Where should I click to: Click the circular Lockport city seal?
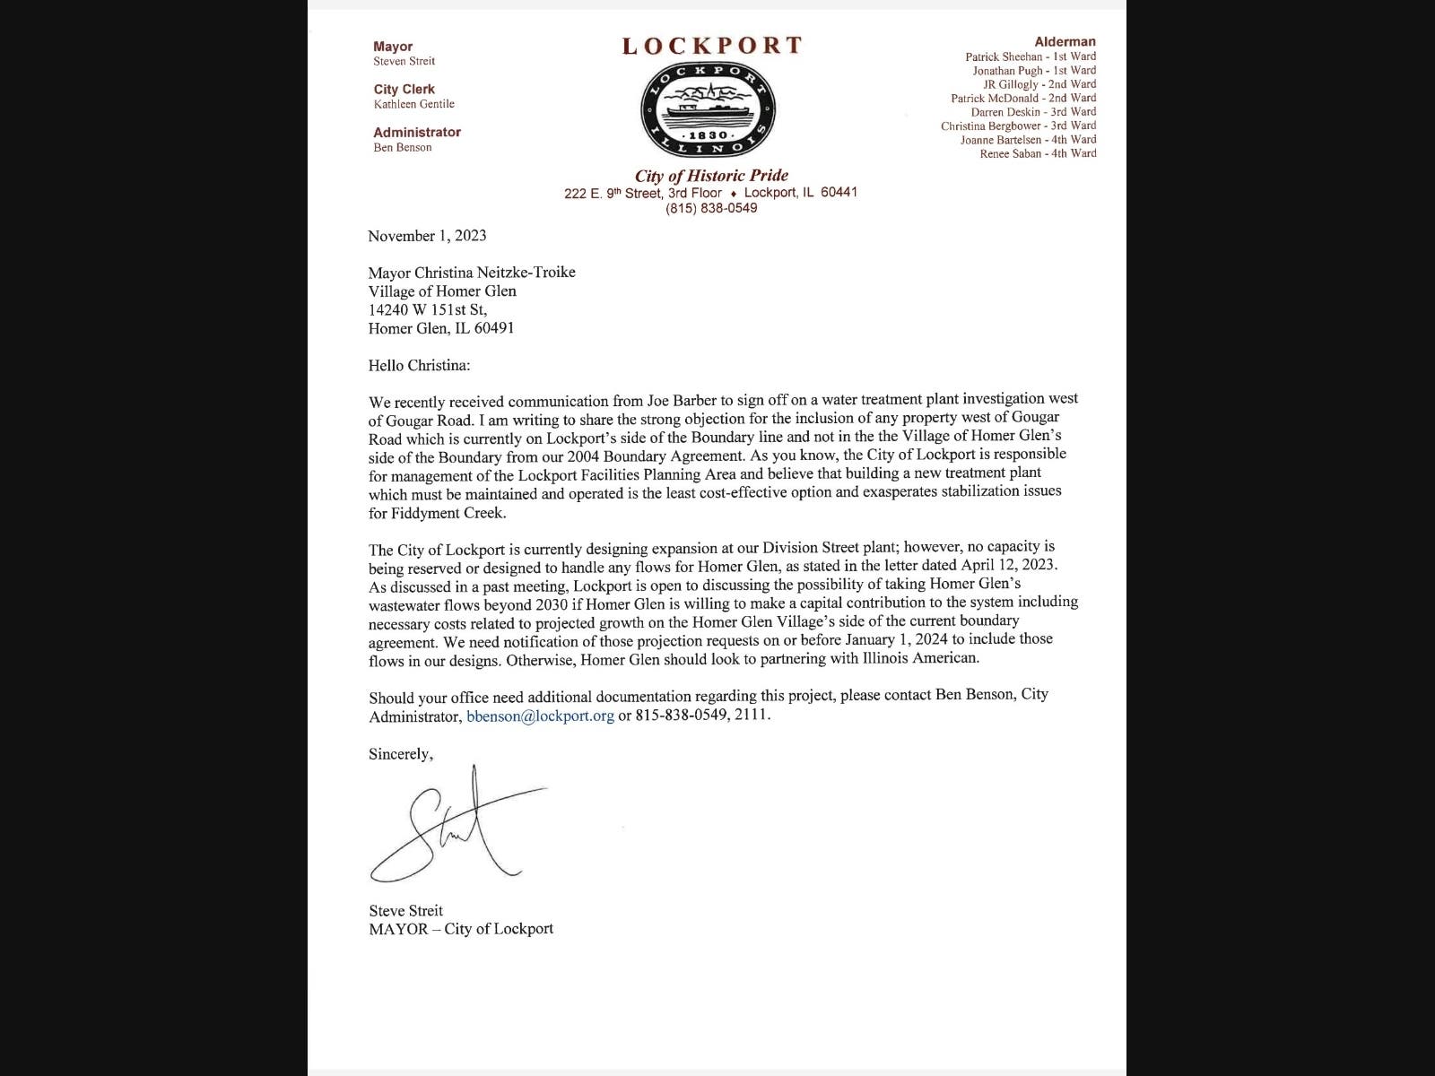(x=709, y=109)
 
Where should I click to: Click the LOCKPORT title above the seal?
(x=712, y=46)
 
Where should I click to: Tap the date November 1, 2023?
(x=427, y=236)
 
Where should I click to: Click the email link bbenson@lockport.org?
(x=540, y=716)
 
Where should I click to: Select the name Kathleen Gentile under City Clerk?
(x=413, y=104)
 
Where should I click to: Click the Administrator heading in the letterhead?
(x=417, y=132)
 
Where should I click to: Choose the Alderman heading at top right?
(x=1065, y=41)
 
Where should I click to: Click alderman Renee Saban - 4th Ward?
(x=1038, y=153)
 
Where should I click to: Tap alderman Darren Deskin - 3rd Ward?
(x=1033, y=112)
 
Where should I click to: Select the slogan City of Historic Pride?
(x=711, y=176)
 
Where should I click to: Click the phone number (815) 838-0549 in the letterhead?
(x=711, y=208)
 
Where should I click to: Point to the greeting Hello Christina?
(x=419, y=365)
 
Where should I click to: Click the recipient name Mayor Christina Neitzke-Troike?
(x=472, y=273)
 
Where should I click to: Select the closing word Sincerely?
(x=400, y=754)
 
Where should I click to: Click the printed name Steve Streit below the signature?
(x=405, y=910)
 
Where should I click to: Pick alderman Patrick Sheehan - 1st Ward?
(x=1031, y=56)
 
